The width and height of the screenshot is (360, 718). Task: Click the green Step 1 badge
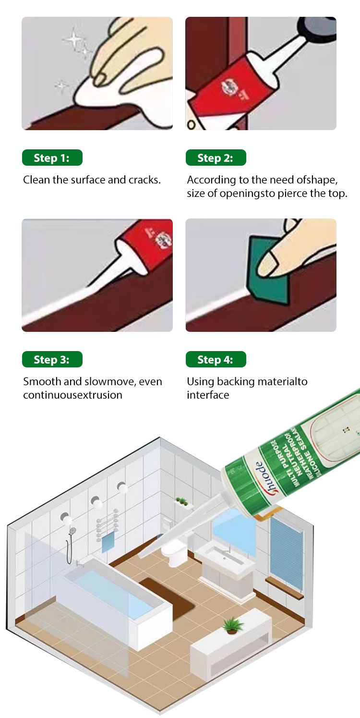click(52, 158)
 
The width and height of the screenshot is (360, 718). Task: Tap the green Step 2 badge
click(216, 158)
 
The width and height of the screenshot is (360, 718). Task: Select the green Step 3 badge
click(52, 360)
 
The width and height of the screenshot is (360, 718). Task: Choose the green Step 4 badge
click(216, 360)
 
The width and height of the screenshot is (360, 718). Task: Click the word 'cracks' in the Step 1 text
click(144, 180)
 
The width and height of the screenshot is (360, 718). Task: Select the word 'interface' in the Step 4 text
click(208, 395)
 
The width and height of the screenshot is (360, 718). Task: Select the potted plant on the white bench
click(233, 625)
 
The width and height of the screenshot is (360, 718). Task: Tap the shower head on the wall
click(72, 531)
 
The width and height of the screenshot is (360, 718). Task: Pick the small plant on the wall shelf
click(181, 501)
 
